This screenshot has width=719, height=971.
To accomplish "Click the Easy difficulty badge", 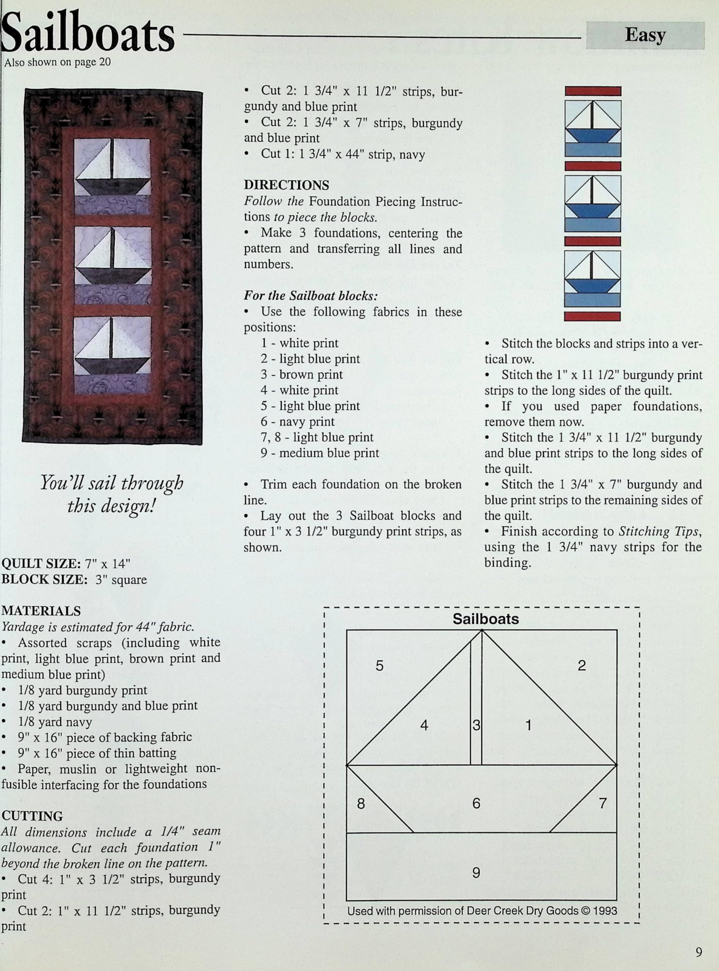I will pos(645,35).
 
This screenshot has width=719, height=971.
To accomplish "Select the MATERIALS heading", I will pos(41,611).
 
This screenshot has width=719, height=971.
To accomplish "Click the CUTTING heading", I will pos(32,816).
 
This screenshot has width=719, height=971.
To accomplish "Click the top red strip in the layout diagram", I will pos(593,91).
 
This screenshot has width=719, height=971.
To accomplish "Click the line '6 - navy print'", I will pos(297,421).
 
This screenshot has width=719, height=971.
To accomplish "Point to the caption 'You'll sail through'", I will pos(112,483).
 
